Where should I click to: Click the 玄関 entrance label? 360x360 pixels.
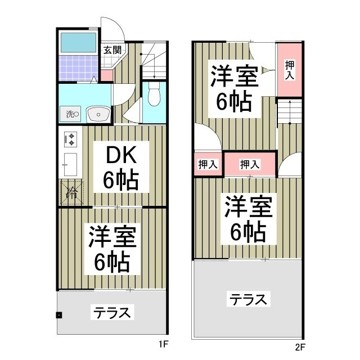pos(112,49)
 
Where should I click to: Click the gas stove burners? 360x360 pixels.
pos(71,138)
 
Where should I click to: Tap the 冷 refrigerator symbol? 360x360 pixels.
pos(71,191)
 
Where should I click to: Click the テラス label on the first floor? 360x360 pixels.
pos(112,312)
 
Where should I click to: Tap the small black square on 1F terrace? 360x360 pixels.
pos(59,315)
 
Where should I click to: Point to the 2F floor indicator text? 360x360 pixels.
pos(299,346)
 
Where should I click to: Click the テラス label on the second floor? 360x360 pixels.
pos(248,299)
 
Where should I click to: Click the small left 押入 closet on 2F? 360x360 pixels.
pos(208,164)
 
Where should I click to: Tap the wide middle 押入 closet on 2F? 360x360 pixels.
pos(250,164)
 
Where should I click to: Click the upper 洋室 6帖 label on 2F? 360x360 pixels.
pos(235,89)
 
